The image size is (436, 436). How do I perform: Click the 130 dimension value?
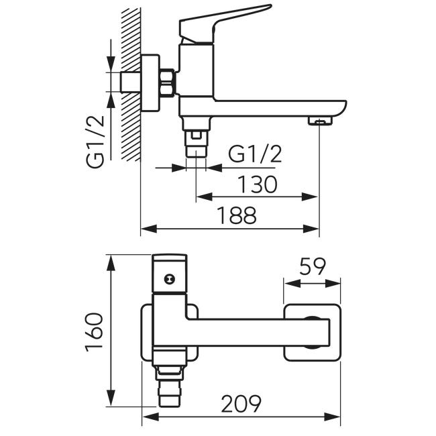click(x=258, y=184)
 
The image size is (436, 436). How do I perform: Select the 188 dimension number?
click(x=237, y=215)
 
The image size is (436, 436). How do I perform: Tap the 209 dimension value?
click(x=241, y=403)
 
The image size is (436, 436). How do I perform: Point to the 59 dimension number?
click(x=313, y=267)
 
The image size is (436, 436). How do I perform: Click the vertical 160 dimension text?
click(x=95, y=332)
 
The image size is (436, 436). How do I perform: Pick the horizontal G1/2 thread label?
click(x=255, y=154)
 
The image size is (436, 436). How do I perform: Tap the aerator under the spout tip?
click(x=320, y=121)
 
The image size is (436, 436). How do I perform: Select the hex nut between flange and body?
click(x=168, y=83)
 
